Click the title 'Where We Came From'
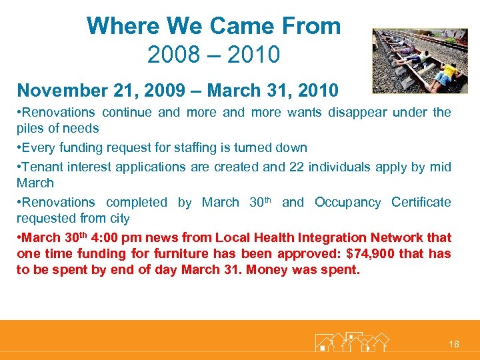click(213, 26)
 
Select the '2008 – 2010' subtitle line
click(213, 54)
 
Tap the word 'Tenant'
click(45, 167)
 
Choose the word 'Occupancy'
click(349, 202)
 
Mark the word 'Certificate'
click(421, 202)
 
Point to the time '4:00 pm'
click(115, 237)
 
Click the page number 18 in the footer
click(454, 344)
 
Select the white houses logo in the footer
click(351, 341)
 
